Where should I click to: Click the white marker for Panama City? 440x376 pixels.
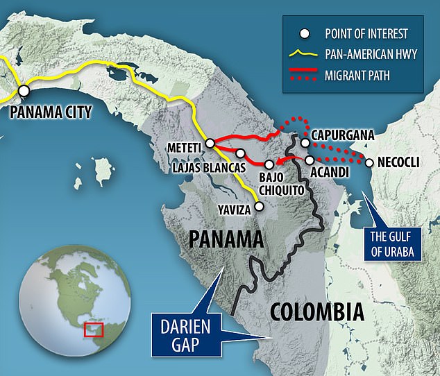click(24, 90)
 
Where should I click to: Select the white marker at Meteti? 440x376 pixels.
click(209, 144)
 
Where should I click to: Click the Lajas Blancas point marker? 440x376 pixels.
click(240, 153)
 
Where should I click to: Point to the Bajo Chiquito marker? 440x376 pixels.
click(269, 165)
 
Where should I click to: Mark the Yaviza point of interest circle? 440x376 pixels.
click(259, 205)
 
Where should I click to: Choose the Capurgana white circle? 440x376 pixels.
click(304, 143)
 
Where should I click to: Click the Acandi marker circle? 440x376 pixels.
click(310, 160)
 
